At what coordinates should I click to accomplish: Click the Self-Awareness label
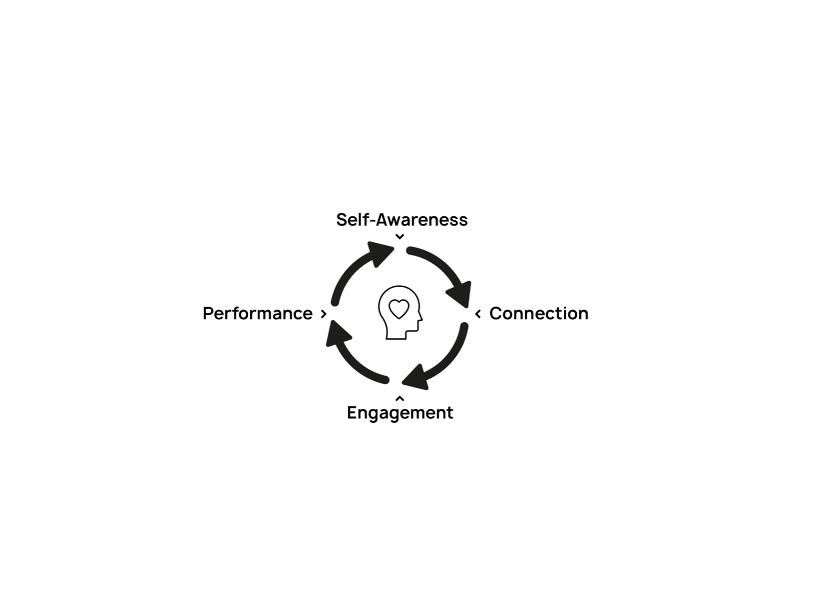[x=402, y=220]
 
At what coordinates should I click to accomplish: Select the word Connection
[x=539, y=313]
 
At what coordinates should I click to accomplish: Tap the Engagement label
[x=400, y=412]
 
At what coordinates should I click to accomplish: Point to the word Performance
[x=257, y=313]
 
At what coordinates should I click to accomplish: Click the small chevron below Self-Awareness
[x=400, y=237]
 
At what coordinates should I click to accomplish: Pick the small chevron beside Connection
[x=478, y=314]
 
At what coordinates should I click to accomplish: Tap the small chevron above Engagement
[x=400, y=398]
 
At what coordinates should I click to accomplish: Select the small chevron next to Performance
[x=323, y=314]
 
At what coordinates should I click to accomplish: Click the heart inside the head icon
[x=399, y=309]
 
